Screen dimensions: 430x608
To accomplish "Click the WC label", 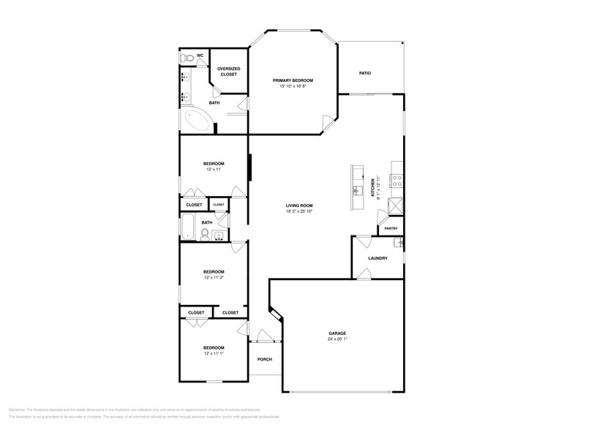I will coord(200,56).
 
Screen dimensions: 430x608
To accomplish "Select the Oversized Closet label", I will coord(229,72).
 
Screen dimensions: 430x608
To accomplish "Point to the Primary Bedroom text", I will coord(293,80).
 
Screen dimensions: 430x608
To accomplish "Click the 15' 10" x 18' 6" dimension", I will coord(293,86).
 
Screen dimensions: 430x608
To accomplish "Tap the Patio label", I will coord(364,73).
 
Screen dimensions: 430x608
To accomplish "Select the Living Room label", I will coord(299,205).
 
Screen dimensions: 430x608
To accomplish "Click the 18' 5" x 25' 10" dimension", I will coord(299,212).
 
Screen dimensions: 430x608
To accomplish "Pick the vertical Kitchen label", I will coord(373,188).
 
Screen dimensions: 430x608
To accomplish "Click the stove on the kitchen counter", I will coord(397,179).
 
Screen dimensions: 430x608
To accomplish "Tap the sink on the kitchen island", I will coord(357,190).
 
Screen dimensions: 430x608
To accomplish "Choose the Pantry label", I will coord(391,228).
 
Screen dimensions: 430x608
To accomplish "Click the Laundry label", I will coord(378,257).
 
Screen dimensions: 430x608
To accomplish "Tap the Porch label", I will coord(264,359).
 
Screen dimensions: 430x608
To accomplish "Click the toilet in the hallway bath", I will coord(206,235).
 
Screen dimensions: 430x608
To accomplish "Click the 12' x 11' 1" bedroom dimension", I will coord(214,353).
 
